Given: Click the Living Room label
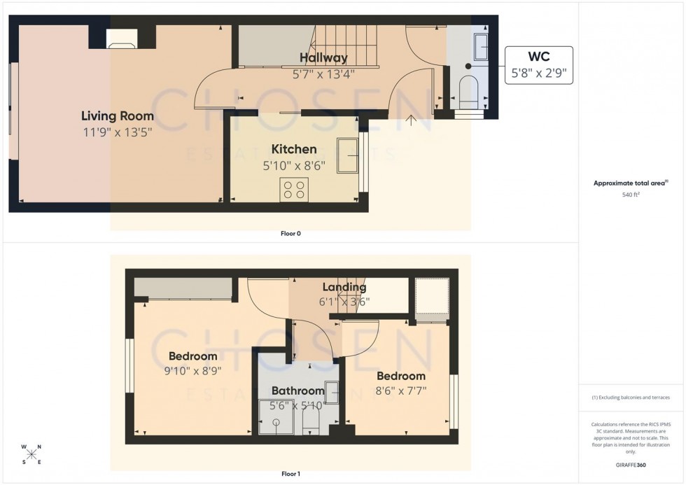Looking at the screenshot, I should click(117, 115).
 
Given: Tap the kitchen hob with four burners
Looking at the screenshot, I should click(294, 190).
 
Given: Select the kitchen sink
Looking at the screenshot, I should click(347, 155).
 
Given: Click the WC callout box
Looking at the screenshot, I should click(538, 65).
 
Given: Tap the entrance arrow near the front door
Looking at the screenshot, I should click(411, 120).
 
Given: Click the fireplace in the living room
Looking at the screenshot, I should click(122, 41).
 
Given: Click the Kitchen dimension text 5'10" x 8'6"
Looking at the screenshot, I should click(294, 166).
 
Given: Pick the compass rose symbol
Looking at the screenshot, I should click(31, 453).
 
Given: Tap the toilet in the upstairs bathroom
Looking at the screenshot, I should click(310, 420).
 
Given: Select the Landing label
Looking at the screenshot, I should click(344, 287).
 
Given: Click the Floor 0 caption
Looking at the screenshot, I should click(290, 234).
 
